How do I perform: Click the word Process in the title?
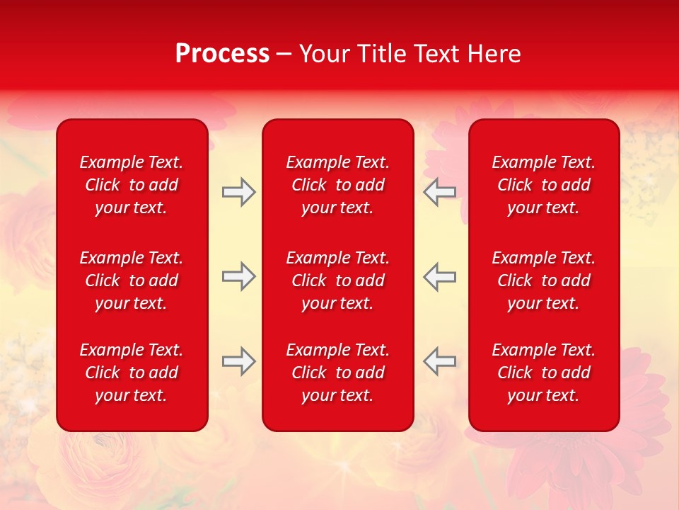click(222, 54)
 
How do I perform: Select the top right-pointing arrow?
click(238, 192)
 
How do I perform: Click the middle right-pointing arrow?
click(238, 276)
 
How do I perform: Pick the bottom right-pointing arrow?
click(238, 361)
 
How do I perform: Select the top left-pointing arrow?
click(440, 192)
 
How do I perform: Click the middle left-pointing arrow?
click(440, 276)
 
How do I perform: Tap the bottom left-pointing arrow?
click(440, 361)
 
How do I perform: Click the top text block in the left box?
click(132, 185)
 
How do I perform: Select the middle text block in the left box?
click(132, 280)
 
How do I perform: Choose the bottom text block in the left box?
click(132, 373)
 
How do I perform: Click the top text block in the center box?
click(338, 185)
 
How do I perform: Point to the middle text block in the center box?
click(338, 280)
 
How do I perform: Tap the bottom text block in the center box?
click(338, 373)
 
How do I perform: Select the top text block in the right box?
click(544, 185)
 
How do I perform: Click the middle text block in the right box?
click(544, 280)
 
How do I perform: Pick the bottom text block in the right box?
click(544, 373)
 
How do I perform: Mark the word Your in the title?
click(324, 54)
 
